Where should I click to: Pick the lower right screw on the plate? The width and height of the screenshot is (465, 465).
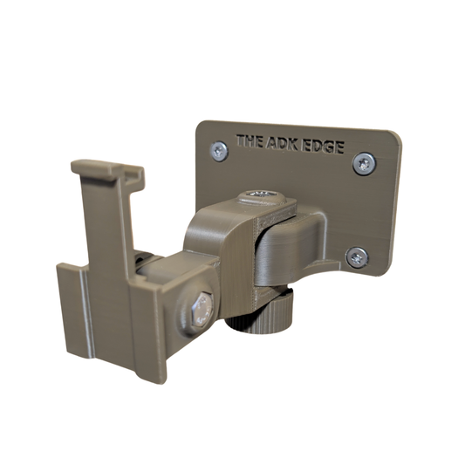(x=356, y=256)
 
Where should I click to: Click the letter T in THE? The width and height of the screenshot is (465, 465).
(x=241, y=138)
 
